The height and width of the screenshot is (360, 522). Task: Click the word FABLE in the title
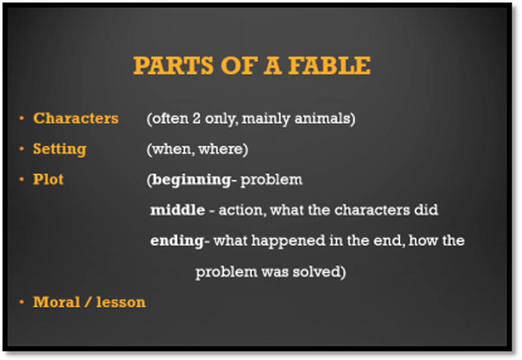coord(329,66)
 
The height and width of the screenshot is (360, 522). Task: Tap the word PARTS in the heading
coord(173,66)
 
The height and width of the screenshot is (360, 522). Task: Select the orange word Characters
coord(76,118)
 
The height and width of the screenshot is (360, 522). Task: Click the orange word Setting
coord(60,150)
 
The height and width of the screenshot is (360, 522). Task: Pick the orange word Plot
coord(48,179)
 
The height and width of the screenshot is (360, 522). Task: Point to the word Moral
coord(57,302)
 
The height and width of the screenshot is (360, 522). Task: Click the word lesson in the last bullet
coord(121,302)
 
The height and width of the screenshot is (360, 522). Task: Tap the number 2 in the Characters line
coord(196,118)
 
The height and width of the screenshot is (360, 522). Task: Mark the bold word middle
coord(177,210)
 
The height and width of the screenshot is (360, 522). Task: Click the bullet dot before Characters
coord(22,118)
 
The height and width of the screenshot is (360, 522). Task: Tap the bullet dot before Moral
coord(22,302)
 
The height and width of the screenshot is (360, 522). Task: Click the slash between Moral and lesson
coord(88,302)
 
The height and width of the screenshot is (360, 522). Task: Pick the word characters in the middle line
coord(372,210)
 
